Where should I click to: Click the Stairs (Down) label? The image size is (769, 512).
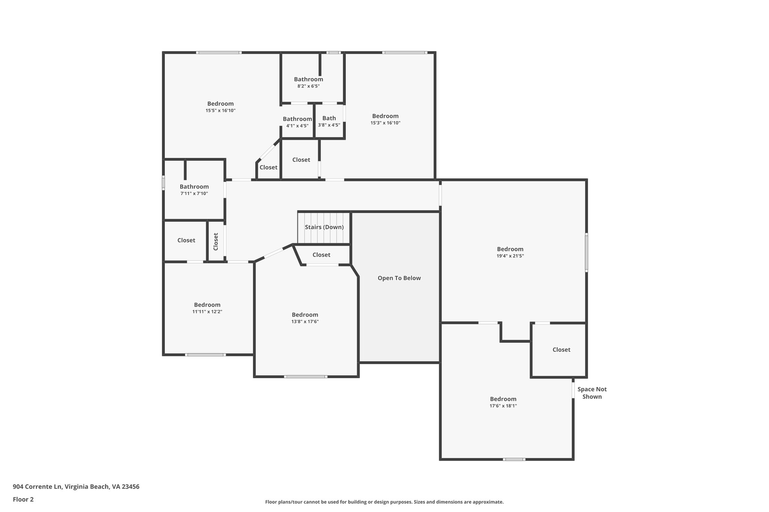tap(324, 227)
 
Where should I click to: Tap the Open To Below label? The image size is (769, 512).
tap(399, 278)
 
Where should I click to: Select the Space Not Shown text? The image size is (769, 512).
tap(592, 393)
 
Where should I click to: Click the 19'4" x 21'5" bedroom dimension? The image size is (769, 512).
tap(510, 256)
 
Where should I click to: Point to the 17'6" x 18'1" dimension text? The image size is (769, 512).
tap(503, 406)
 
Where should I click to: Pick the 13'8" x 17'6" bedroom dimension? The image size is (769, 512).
tap(305, 321)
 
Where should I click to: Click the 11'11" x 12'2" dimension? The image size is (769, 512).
tap(207, 311)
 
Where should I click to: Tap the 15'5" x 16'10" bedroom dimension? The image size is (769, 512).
tap(220, 110)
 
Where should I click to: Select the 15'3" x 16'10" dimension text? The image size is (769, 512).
tap(385, 123)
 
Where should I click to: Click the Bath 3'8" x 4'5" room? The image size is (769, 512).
tap(329, 121)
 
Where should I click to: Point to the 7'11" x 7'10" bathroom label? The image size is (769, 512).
tap(194, 193)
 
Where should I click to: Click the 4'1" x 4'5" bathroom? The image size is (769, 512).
tap(297, 122)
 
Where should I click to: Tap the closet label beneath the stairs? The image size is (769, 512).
tap(321, 255)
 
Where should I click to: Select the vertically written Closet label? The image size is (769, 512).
tap(216, 242)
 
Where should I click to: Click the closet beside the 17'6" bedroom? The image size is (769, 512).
tap(561, 350)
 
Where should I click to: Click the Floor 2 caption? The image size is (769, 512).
tap(23, 499)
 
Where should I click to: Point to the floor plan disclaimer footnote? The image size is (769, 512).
tap(384, 502)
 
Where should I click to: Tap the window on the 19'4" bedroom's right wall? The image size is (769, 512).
tap(586, 252)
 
